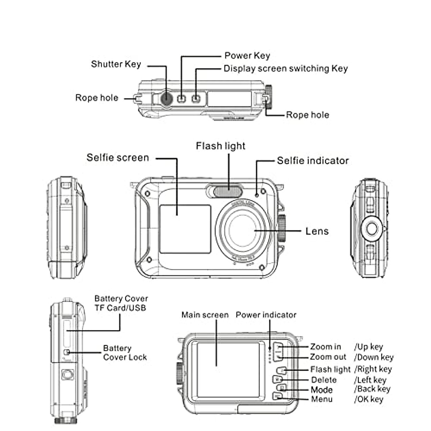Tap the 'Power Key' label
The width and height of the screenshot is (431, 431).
coord(247,56)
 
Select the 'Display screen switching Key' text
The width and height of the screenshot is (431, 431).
coord(286,69)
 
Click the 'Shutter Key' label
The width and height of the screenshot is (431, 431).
coord(116,64)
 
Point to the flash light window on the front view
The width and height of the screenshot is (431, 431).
coord(228,190)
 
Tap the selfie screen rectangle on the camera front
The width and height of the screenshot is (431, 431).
coord(185,229)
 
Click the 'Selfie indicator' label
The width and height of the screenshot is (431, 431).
coord(312,161)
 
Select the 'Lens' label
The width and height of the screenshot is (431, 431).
coord(317,231)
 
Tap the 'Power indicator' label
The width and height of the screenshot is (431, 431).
coord(266,315)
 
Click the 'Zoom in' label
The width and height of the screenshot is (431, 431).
coord(325,347)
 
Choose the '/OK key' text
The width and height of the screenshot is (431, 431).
coord(369,399)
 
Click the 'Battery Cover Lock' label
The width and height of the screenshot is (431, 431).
coord(125,353)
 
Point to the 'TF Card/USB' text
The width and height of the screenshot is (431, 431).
coord(120,308)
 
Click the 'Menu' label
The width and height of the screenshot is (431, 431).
coord(321,399)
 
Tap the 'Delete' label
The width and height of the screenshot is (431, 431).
coord(324,380)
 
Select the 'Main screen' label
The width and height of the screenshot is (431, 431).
coord(205,315)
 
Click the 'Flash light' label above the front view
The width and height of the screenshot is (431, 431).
coord(221,146)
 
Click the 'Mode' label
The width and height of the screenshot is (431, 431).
coord(321,390)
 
